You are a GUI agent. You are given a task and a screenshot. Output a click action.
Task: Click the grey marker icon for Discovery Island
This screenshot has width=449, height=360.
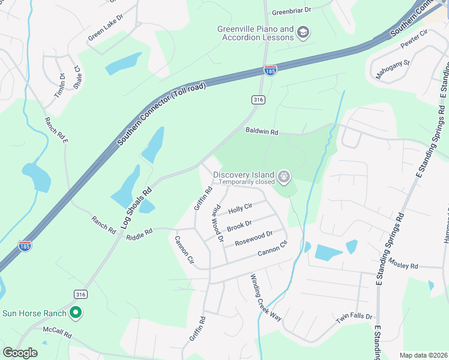tap(285, 177)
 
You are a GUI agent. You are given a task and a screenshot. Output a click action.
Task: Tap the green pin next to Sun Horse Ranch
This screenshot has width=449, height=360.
tap(76, 313)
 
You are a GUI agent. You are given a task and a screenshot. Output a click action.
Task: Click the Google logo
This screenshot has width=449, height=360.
tap(20, 353)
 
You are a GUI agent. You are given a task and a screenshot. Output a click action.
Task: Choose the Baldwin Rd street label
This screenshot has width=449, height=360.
tap(262, 131)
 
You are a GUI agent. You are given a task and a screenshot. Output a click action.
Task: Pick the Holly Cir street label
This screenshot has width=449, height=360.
tap(240, 208)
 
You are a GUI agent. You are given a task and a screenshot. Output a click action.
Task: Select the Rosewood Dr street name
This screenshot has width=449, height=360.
tap(254, 238)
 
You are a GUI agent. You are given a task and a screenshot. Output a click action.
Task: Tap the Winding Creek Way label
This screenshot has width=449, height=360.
tap(266, 298)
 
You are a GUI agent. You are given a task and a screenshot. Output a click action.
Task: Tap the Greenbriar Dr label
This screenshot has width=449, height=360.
tap(292, 11)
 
